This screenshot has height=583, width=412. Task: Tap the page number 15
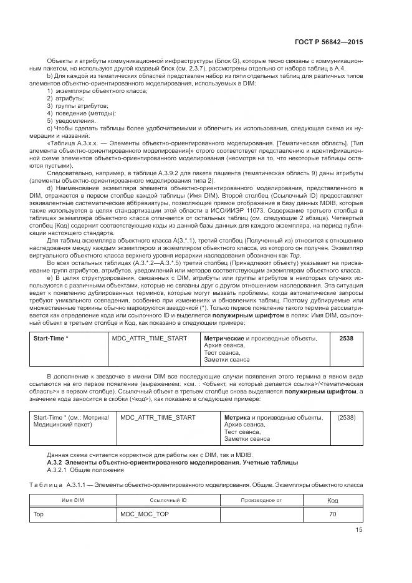[x=359, y=530]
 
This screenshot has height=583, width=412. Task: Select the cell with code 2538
[x=346, y=338]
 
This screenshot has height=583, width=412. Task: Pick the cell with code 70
[x=332, y=514]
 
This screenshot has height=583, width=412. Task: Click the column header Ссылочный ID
[x=168, y=500]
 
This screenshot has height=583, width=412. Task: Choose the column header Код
[x=332, y=500]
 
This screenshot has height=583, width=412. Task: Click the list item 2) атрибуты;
[x=66, y=99]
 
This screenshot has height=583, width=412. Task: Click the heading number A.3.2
[x=57, y=462]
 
